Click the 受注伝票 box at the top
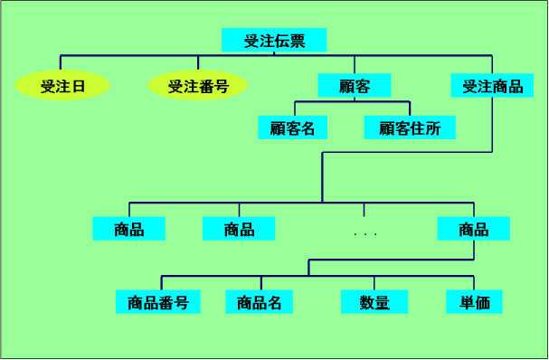(x=274, y=41)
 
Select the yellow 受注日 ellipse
(x=62, y=87)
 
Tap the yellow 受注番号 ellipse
(x=197, y=87)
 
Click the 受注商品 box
(x=492, y=86)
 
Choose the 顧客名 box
(x=292, y=128)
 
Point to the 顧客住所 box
(x=410, y=128)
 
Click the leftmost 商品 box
(x=129, y=229)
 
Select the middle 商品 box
(x=239, y=229)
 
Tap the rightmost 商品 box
(x=473, y=229)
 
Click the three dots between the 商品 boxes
(x=365, y=234)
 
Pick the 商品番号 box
(x=158, y=302)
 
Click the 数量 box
(x=374, y=302)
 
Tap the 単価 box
(x=474, y=302)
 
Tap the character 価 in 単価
(x=482, y=302)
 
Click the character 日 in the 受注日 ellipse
(x=78, y=87)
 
